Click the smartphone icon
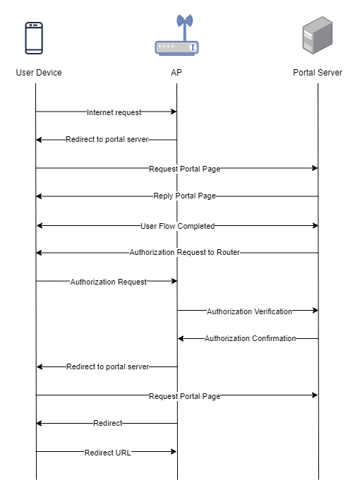34,38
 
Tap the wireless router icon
176,35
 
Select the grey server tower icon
318,35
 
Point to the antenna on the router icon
185,27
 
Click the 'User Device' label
39,73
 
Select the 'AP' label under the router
176,73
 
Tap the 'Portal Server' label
318,73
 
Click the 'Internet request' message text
114,112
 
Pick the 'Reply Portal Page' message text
184,196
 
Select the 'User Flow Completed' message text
178,226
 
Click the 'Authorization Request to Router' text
184,253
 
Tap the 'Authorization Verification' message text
250,311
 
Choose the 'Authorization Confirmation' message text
250,338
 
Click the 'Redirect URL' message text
107,453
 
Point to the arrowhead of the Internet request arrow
174,112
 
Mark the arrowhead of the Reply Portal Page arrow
39,196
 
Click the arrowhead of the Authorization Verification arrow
316,310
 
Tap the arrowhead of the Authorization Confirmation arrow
181,338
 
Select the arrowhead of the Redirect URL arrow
174,451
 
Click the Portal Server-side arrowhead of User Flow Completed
316,226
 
